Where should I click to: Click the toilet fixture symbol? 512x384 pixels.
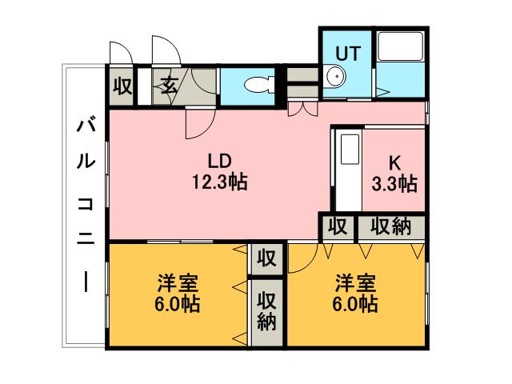point(258,83)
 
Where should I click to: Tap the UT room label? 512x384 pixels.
point(348,53)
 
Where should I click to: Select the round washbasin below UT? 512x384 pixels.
point(336,78)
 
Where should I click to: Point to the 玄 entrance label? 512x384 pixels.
point(170,86)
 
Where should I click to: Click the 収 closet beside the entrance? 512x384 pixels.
point(122,86)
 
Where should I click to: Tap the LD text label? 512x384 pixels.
point(218,158)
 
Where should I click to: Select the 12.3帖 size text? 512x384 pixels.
point(218,182)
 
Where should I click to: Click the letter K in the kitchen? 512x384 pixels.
point(394,160)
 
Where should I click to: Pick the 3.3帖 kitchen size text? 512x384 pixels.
point(394,184)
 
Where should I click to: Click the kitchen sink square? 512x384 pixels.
point(350,150)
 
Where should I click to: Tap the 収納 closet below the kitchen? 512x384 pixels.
point(391,226)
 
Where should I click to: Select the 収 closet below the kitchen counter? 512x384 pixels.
point(338,226)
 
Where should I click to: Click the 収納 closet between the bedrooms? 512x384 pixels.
point(266,311)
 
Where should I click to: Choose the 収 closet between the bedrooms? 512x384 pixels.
point(266,258)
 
